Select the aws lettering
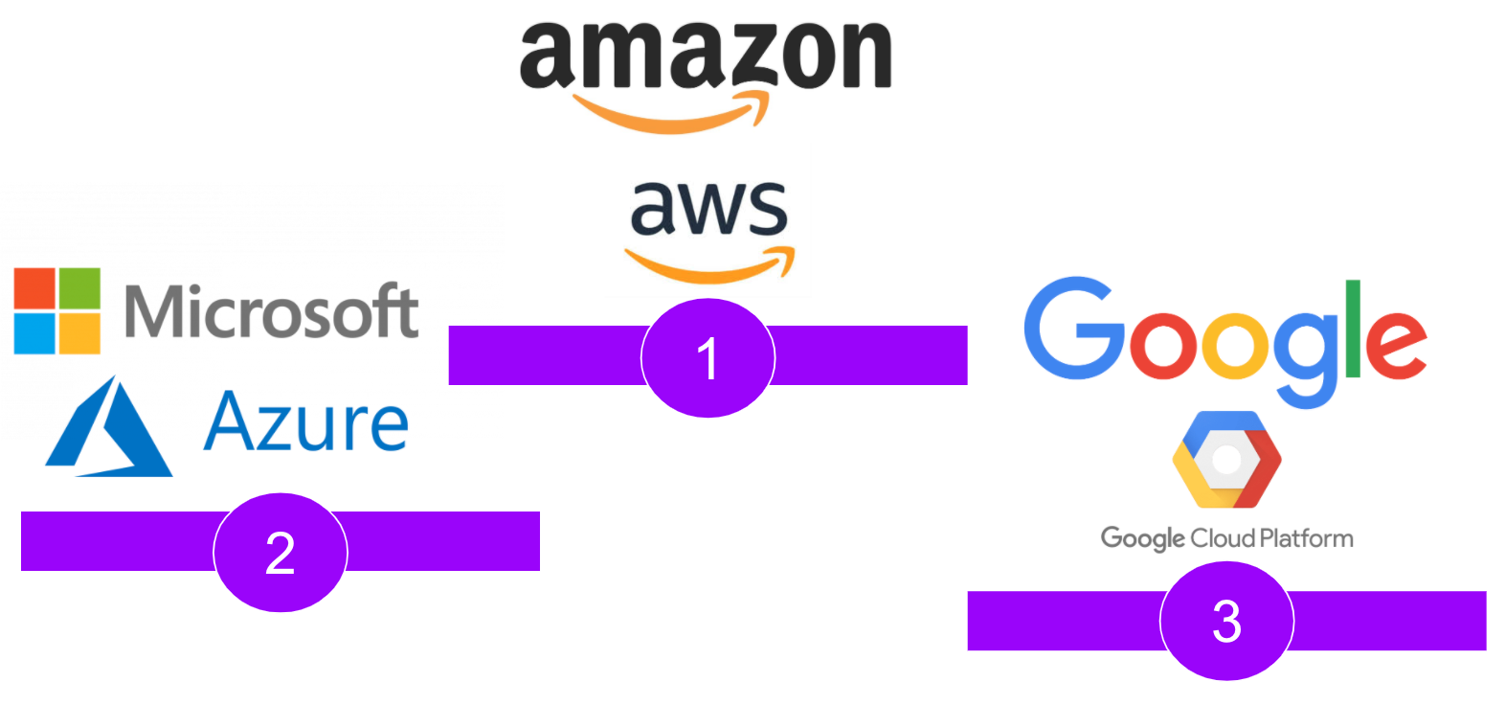coord(708,208)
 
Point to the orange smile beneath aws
coord(708,268)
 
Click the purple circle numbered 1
coord(708,358)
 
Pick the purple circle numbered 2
coord(280,553)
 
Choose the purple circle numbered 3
coord(1226,621)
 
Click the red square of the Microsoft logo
coord(34,288)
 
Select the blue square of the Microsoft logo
coord(34,333)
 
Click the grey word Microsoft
coord(272,311)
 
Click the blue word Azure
coord(306,422)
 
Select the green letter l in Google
coord(1353,329)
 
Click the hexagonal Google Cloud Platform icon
coord(1226,460)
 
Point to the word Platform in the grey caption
coord(1306,538)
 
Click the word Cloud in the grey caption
coord(1223,538)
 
